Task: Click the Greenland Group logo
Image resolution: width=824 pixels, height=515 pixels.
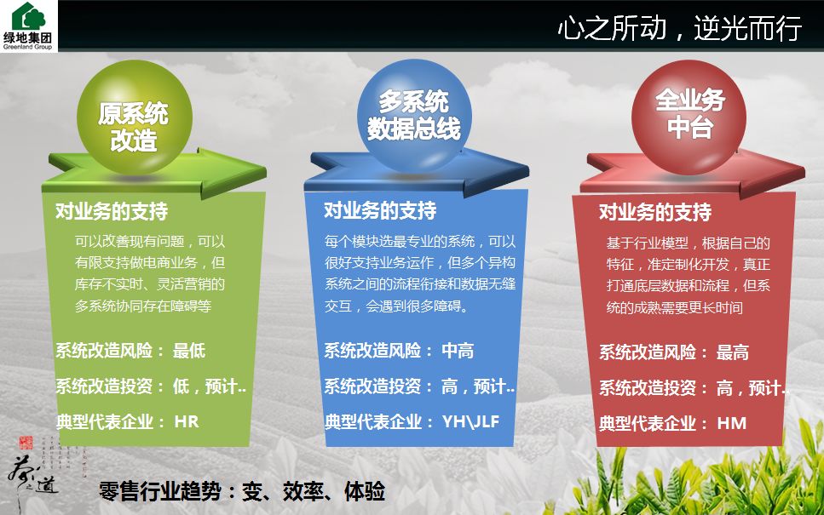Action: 30,26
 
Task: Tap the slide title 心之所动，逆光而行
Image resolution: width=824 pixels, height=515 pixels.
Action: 679,29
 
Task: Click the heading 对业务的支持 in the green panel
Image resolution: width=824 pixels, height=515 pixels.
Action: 112,211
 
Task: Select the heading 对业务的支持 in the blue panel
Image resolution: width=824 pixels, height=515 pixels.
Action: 380,210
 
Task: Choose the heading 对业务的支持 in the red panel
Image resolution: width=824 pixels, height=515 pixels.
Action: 655,212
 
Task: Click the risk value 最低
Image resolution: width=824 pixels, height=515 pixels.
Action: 189,350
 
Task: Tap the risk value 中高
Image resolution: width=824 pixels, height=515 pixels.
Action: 458,350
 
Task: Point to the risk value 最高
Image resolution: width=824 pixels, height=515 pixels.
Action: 733,352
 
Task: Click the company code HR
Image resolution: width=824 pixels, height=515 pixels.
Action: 187,421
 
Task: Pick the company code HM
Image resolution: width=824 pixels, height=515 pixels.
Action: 731,422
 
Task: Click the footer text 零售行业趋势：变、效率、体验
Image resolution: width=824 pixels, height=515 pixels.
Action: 242,491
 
